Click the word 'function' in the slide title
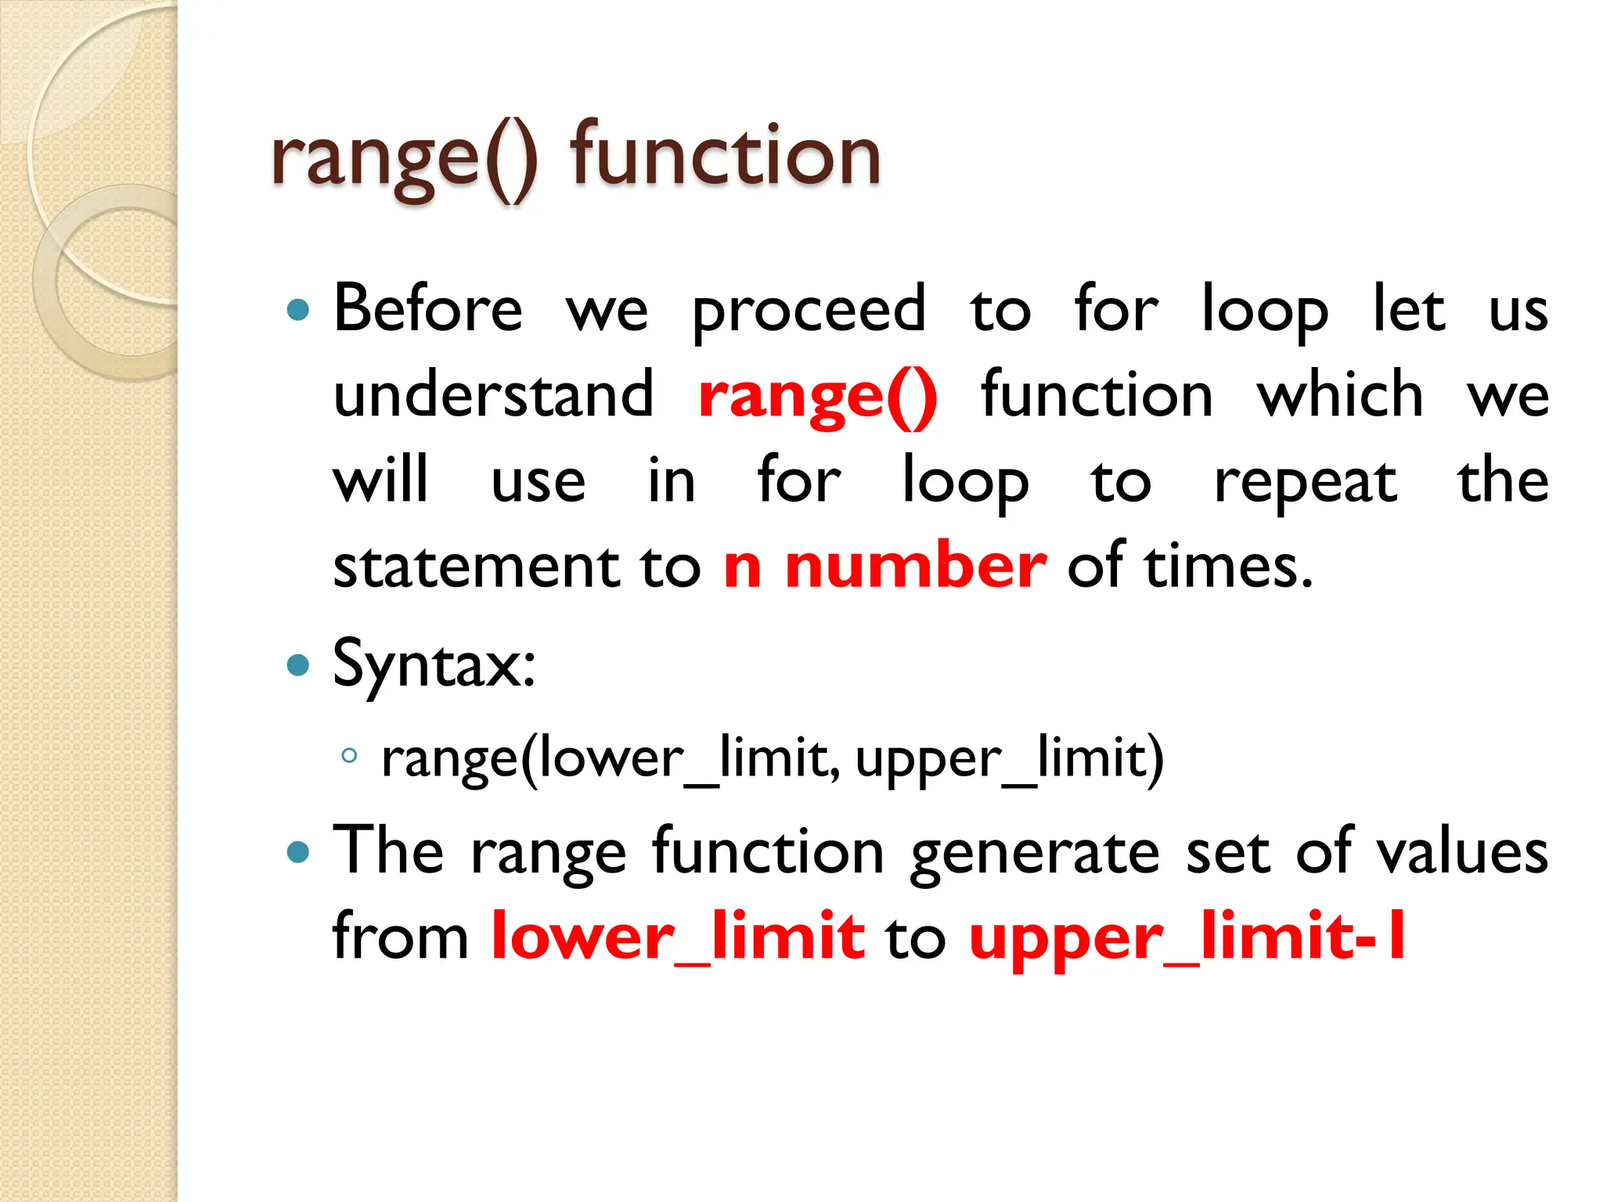pos(725,157)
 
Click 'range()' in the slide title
pos(404,160)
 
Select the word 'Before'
pos(427,308)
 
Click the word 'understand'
pos(493,394)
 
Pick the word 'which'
pos(1340,394)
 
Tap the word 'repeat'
pos(1305,482)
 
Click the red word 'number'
pos(915,567)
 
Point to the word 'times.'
pos(1229,567)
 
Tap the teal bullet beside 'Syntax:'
pos(298,666)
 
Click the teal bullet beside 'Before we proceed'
pos(298,311)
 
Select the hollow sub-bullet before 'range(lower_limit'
pos(349,756)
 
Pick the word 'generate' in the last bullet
pos(1035,853)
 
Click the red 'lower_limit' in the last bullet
pos(678,937)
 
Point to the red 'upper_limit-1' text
pos(1187,937)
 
